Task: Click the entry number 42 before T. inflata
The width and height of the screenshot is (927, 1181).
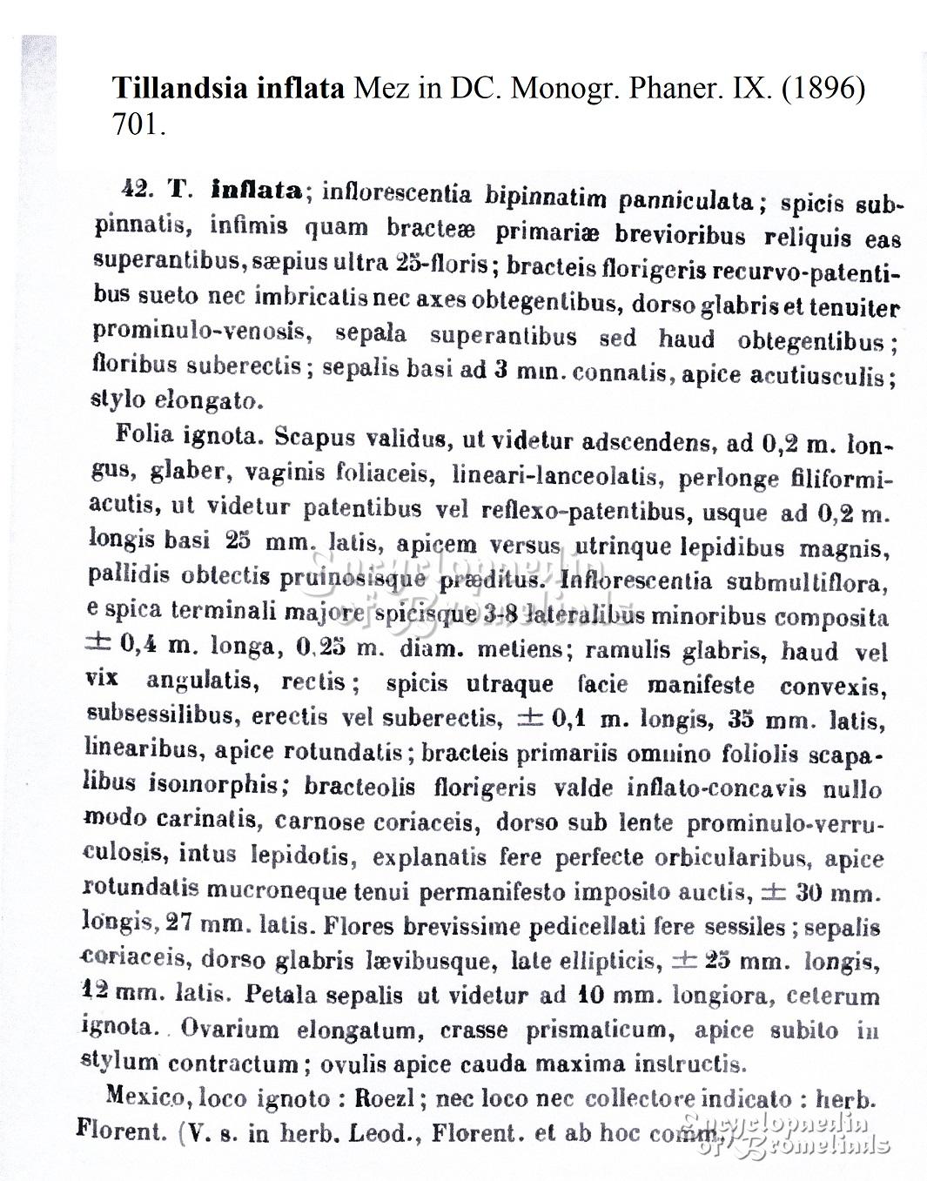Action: [x=138, y=189]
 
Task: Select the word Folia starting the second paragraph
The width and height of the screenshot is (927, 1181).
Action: [x=143, y=434]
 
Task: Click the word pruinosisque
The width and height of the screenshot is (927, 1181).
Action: [x=353, y=577]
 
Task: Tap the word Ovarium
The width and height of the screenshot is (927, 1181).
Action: [x=230, y=1030]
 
